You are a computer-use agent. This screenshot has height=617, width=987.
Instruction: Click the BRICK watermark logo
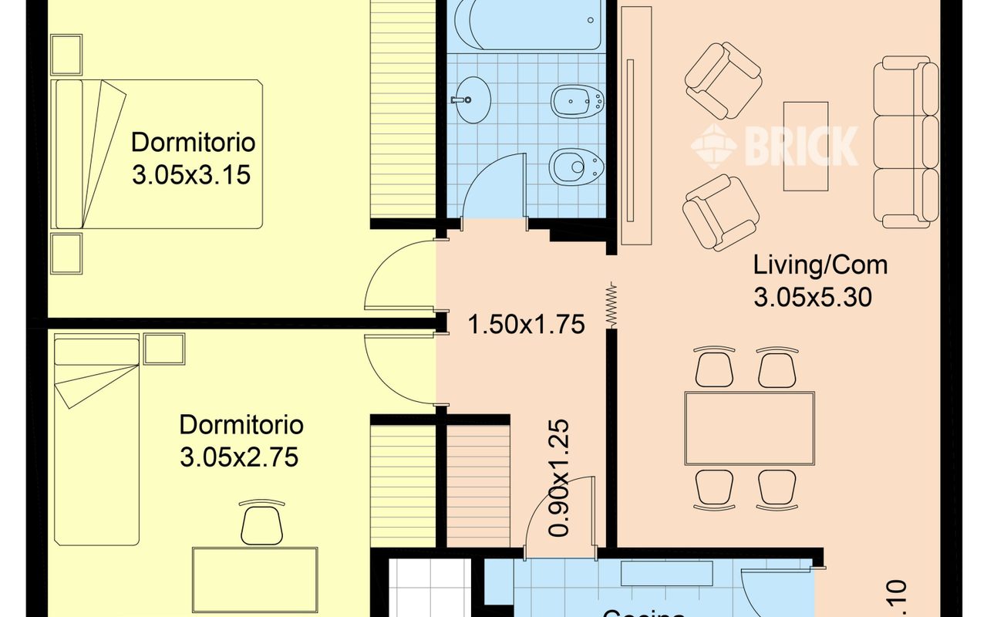click(x=774, y=145)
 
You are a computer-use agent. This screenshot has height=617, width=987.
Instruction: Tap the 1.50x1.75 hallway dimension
click(x=527, y=325)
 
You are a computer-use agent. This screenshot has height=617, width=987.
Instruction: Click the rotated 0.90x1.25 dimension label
click(x=560, y=477)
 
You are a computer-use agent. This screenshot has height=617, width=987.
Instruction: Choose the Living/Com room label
click(x=820, y=265)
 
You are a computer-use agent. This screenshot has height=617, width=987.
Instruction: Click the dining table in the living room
click(x=750, y=428)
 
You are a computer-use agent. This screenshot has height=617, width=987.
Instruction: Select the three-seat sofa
click(x=906, y=142)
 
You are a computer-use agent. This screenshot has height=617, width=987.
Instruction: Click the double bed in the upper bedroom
click(x=158, y=154)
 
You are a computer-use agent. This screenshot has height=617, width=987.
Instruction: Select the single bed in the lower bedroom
click(x=96, y=440)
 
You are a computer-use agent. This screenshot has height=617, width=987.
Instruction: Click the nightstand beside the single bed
click(x=163, y=349)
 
